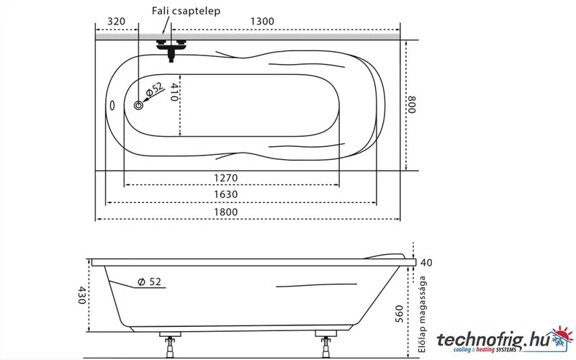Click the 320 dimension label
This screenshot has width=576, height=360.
pyautogui.click(x=116, y=22)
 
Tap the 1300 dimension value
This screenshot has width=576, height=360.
pyautogui.click(x=262, y=22)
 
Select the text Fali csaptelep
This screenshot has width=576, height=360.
pyautogui.click(x=186, y=11)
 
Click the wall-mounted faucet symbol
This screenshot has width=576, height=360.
pyautogui.click(x=171, y=50)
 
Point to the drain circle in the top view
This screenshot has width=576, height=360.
pyautogui.click(x=138, y=105)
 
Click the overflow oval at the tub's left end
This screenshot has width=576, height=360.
pyautogui.click(x=112, y=105)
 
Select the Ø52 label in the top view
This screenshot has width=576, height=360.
pyautogui.click(x=154, y=89)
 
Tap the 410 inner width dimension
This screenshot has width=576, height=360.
pyautogui.click(x=175, y=92)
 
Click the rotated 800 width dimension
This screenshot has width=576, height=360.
pyautogui.click(x=412, y=104)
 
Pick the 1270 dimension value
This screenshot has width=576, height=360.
pyautogui.click(x=226, y=178)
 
